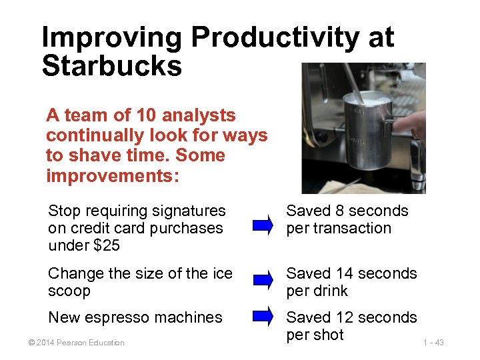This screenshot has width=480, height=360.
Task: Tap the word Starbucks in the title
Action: [111, 66]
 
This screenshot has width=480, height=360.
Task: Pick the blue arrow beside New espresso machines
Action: [264, 314]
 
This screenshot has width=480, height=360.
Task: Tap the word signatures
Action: [189, 211]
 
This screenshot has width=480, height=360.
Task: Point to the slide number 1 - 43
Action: [433, 343]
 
